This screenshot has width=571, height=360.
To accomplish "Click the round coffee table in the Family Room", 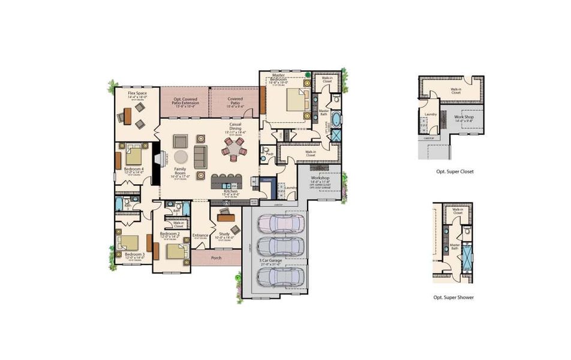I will [181, 157].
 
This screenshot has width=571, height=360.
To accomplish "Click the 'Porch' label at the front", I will [216, 258].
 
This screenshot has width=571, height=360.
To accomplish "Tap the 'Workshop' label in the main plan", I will [321, 178].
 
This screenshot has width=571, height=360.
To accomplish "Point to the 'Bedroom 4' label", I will [134, 169].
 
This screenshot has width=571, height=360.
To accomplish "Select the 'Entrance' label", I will [200, 235].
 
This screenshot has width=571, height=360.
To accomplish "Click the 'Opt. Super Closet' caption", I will [455, 172].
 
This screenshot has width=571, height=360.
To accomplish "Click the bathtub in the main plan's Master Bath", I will [336, 118].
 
